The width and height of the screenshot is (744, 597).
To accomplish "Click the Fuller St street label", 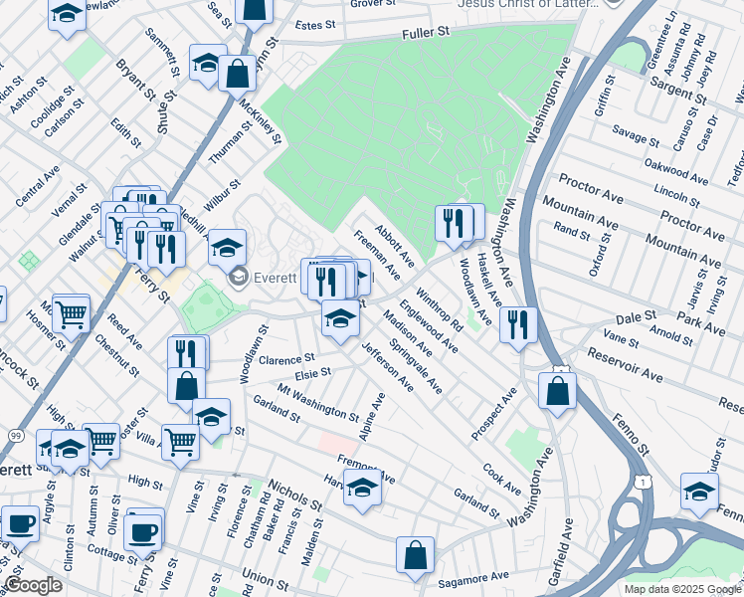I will point(426,32).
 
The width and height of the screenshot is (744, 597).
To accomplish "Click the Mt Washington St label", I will point(317,401).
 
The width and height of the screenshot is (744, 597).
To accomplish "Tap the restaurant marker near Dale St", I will point(517,325).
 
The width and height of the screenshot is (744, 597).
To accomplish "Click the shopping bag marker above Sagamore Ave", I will point(415,554).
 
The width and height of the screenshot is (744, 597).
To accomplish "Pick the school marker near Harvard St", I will point(363,488).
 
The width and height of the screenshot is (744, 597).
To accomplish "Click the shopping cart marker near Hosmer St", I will point(71,313).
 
